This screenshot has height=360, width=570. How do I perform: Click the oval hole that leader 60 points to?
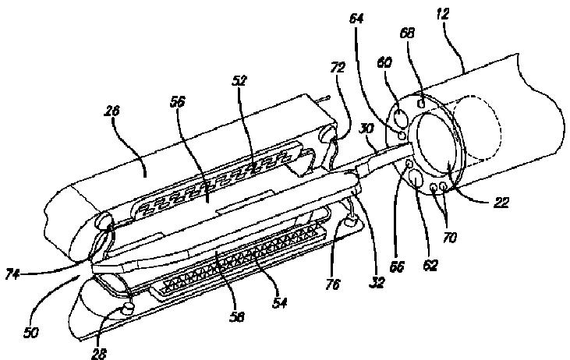pyautogui.click(x=402, y=117)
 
